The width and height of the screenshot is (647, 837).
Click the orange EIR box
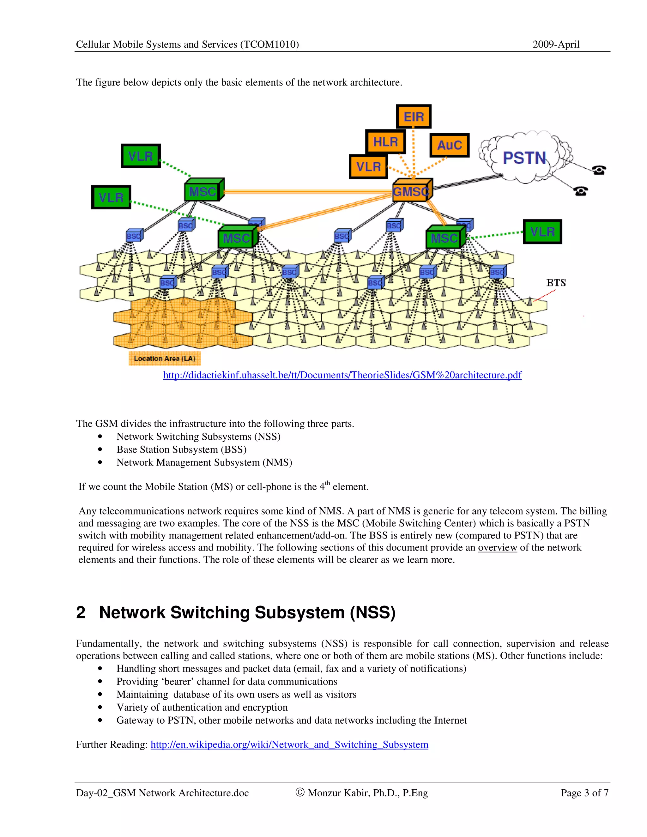414,117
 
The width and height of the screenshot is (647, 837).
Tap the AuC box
449,145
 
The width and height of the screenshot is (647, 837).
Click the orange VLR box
368,167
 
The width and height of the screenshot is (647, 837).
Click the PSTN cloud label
524,158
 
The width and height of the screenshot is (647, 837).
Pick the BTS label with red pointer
556,283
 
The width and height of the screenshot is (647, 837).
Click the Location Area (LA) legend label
164,358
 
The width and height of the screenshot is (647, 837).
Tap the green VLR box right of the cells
542,232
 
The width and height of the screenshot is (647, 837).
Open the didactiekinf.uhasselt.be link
342,375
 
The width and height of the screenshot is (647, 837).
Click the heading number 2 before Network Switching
81,612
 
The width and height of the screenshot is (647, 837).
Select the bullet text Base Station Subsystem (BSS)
181,449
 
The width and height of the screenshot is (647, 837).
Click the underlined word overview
497,547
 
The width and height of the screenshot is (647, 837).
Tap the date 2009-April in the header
556,45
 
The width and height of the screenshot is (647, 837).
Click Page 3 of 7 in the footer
584,792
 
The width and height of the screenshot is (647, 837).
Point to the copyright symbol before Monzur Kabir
300,792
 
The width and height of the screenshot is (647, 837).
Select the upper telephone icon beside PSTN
598,170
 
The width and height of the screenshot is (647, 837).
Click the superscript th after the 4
327,483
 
